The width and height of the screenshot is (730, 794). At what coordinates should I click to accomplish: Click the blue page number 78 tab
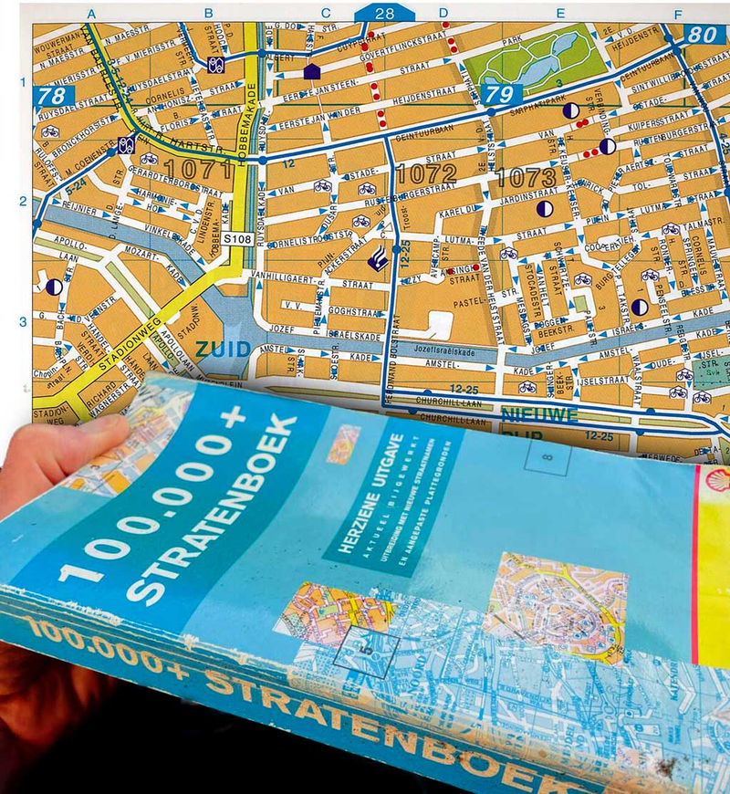tap(51, 95)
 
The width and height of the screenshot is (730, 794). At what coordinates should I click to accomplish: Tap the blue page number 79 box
tap(498, 92)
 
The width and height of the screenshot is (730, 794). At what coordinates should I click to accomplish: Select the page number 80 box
tap(702, 35)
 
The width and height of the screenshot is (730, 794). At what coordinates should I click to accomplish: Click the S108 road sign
tap(238, 239)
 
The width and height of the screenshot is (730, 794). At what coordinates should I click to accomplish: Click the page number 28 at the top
tap(384, 13)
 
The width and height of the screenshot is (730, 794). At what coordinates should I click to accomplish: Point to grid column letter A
tap(91, 13)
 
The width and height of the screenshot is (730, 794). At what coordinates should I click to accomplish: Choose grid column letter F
tap(676, 15)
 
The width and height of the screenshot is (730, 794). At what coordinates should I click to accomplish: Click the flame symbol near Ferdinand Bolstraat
tap(374, 260)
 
